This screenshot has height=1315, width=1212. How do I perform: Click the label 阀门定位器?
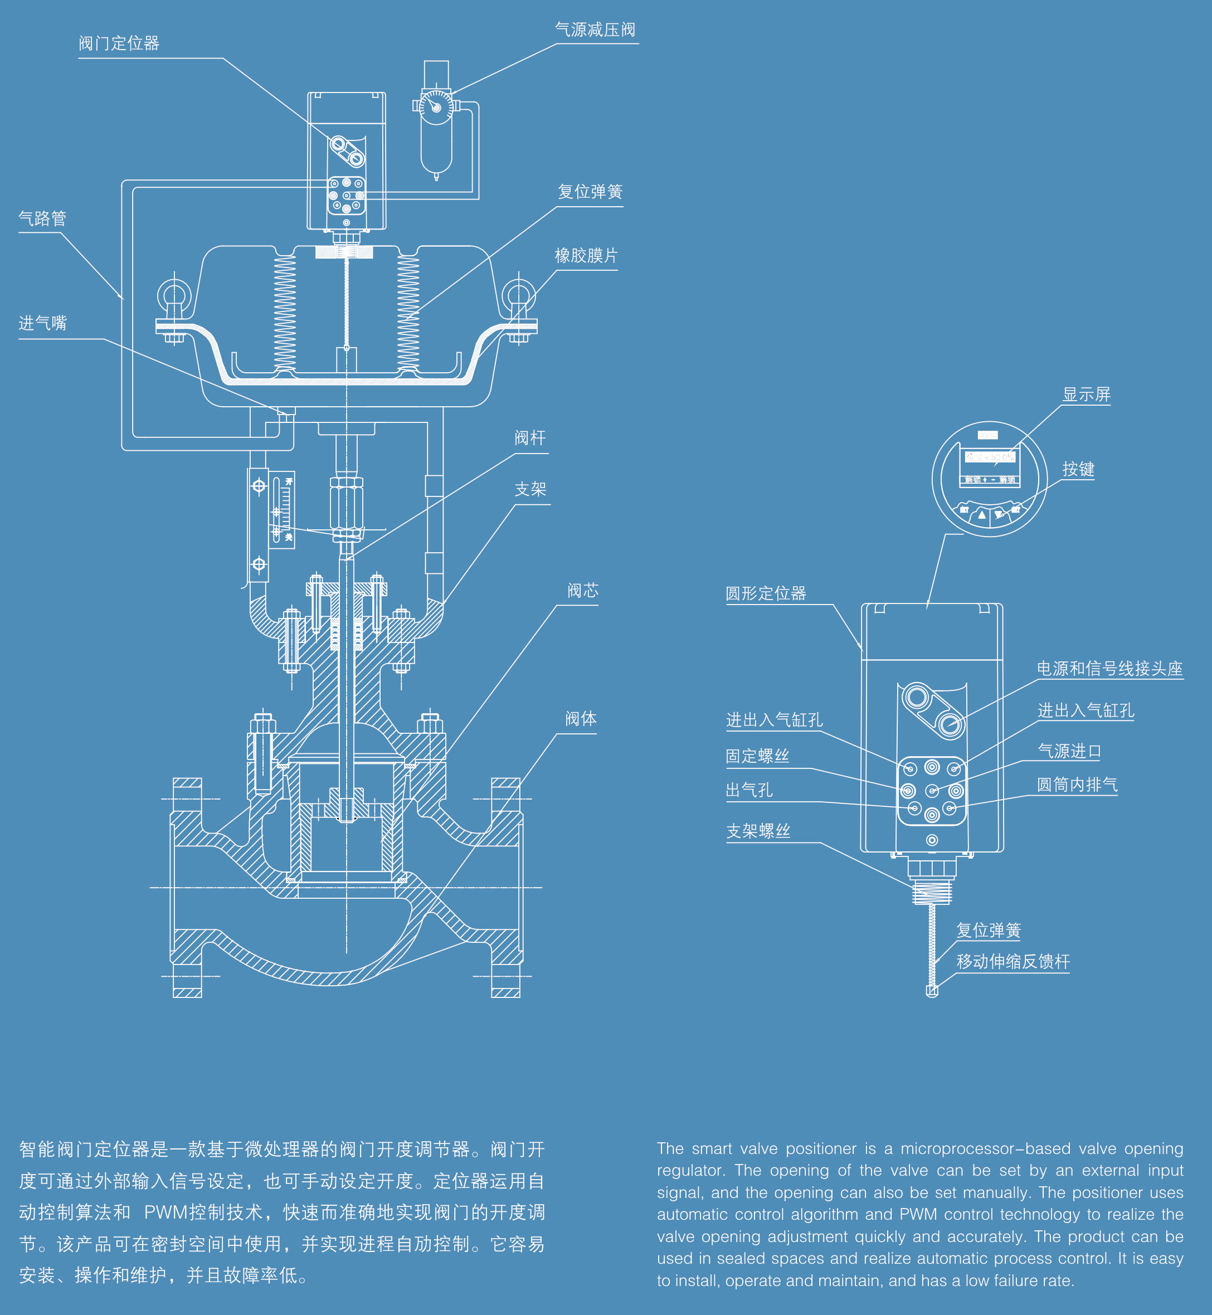click(119, 44)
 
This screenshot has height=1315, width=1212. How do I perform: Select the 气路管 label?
click(43, 218)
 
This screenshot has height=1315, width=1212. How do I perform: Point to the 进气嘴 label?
click(43, 323)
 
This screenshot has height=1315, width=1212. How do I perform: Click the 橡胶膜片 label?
click(586, 256)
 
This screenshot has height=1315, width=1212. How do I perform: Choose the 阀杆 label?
click(530, 438)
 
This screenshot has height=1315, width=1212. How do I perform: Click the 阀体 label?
click(581, 719)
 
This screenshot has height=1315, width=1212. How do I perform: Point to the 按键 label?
click(1078, 470)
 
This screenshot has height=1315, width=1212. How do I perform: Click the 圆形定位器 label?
click(765, 593)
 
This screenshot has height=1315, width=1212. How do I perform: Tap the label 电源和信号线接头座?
click(1109, 669)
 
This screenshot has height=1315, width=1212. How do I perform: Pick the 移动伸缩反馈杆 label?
click(1013, 962)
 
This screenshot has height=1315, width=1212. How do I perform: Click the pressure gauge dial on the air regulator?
click(436, 107)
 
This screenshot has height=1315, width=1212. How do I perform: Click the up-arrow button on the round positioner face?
click(982, 515)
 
